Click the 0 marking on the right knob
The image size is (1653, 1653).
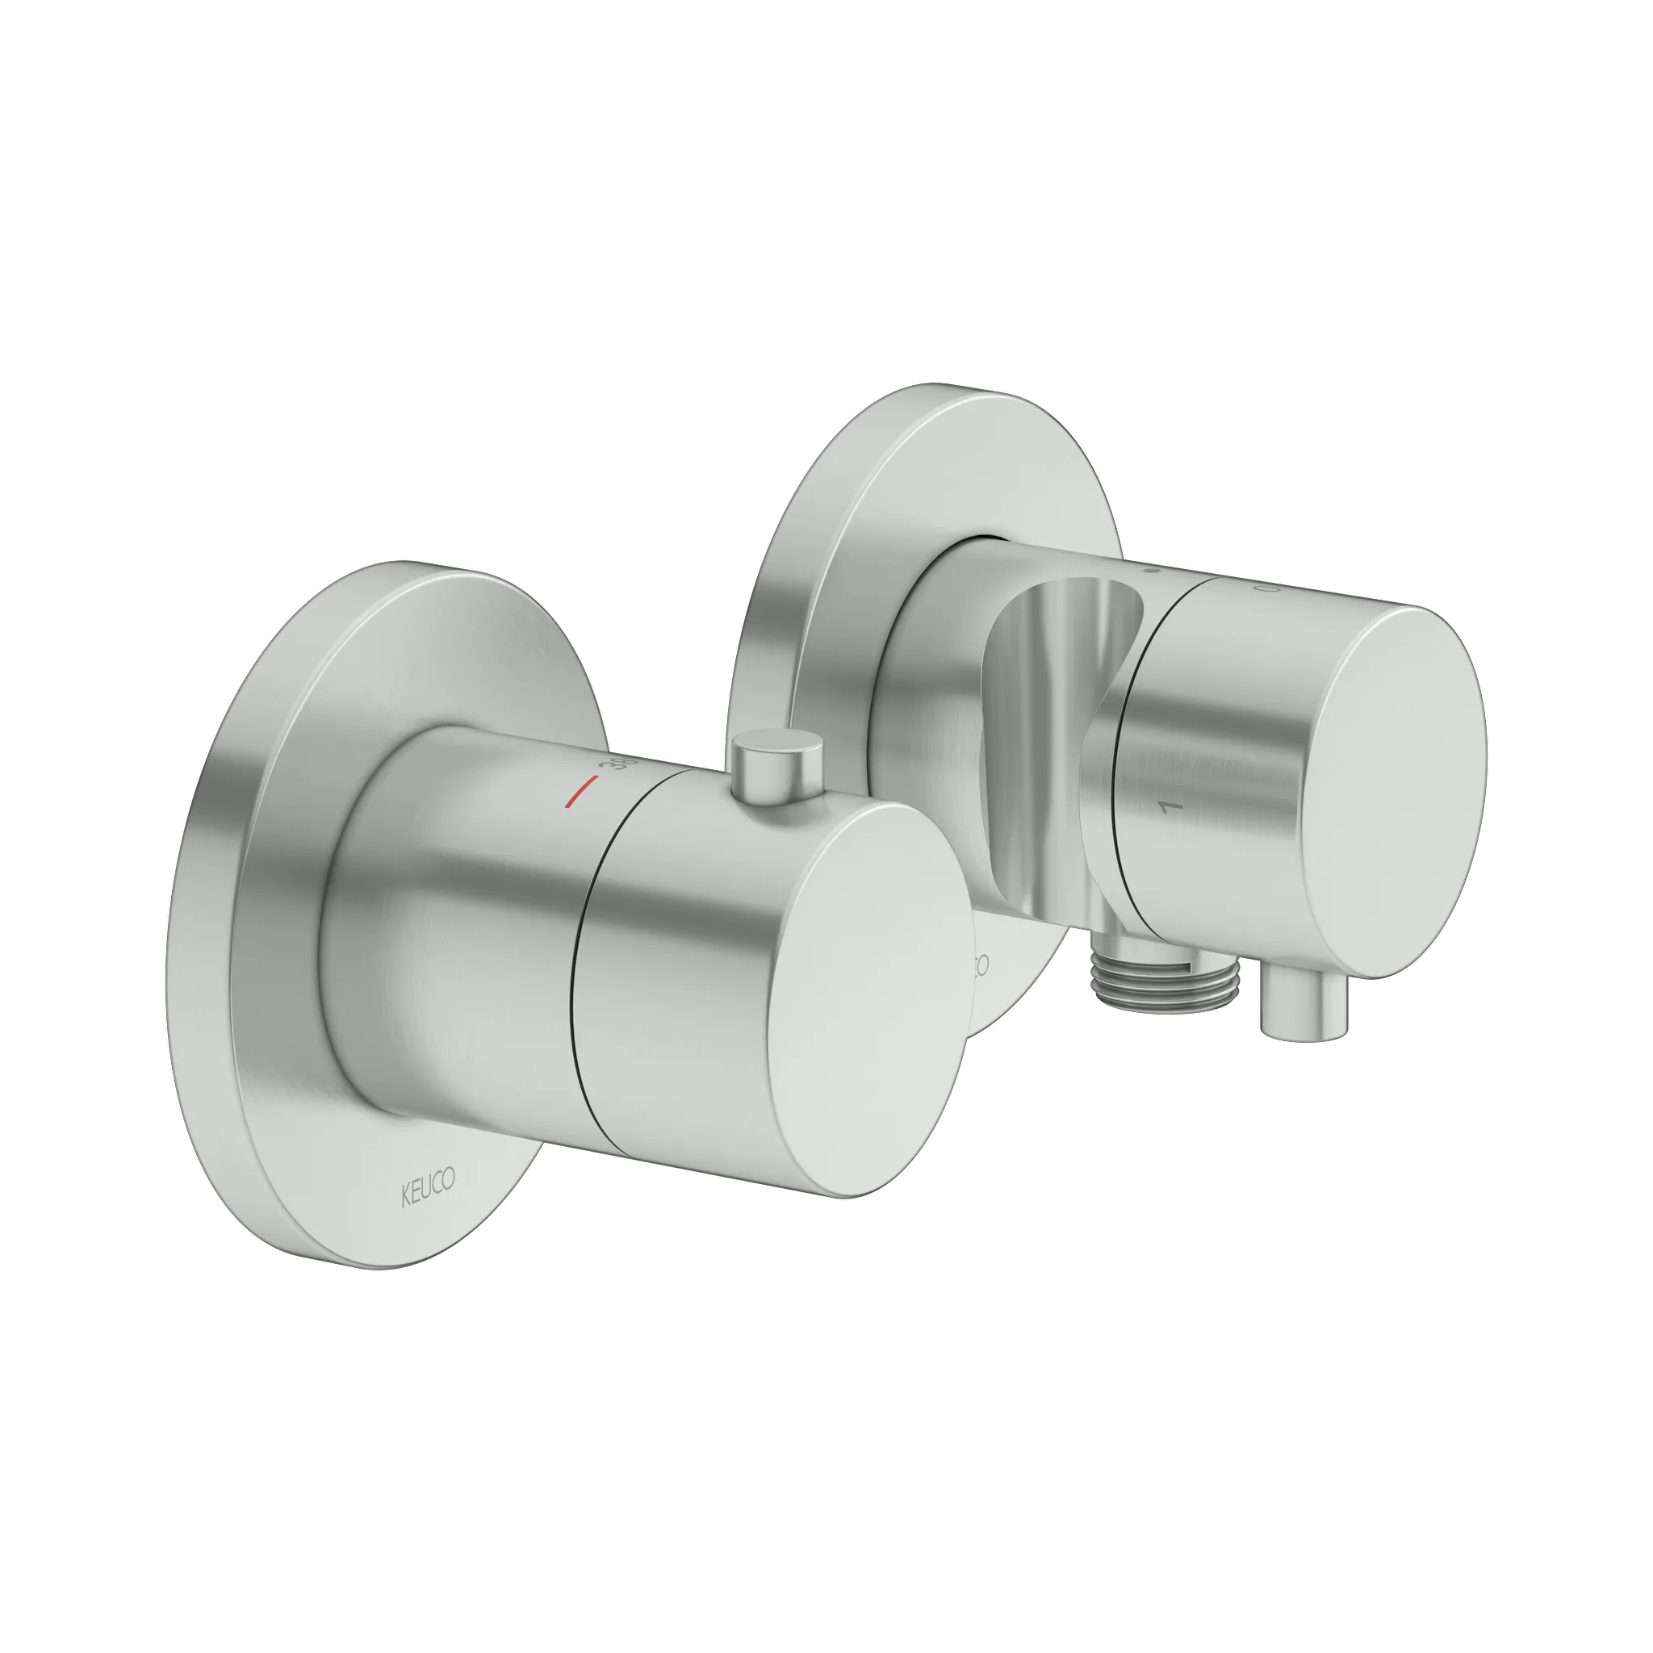pyautogui.click(x=1263, y=589)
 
